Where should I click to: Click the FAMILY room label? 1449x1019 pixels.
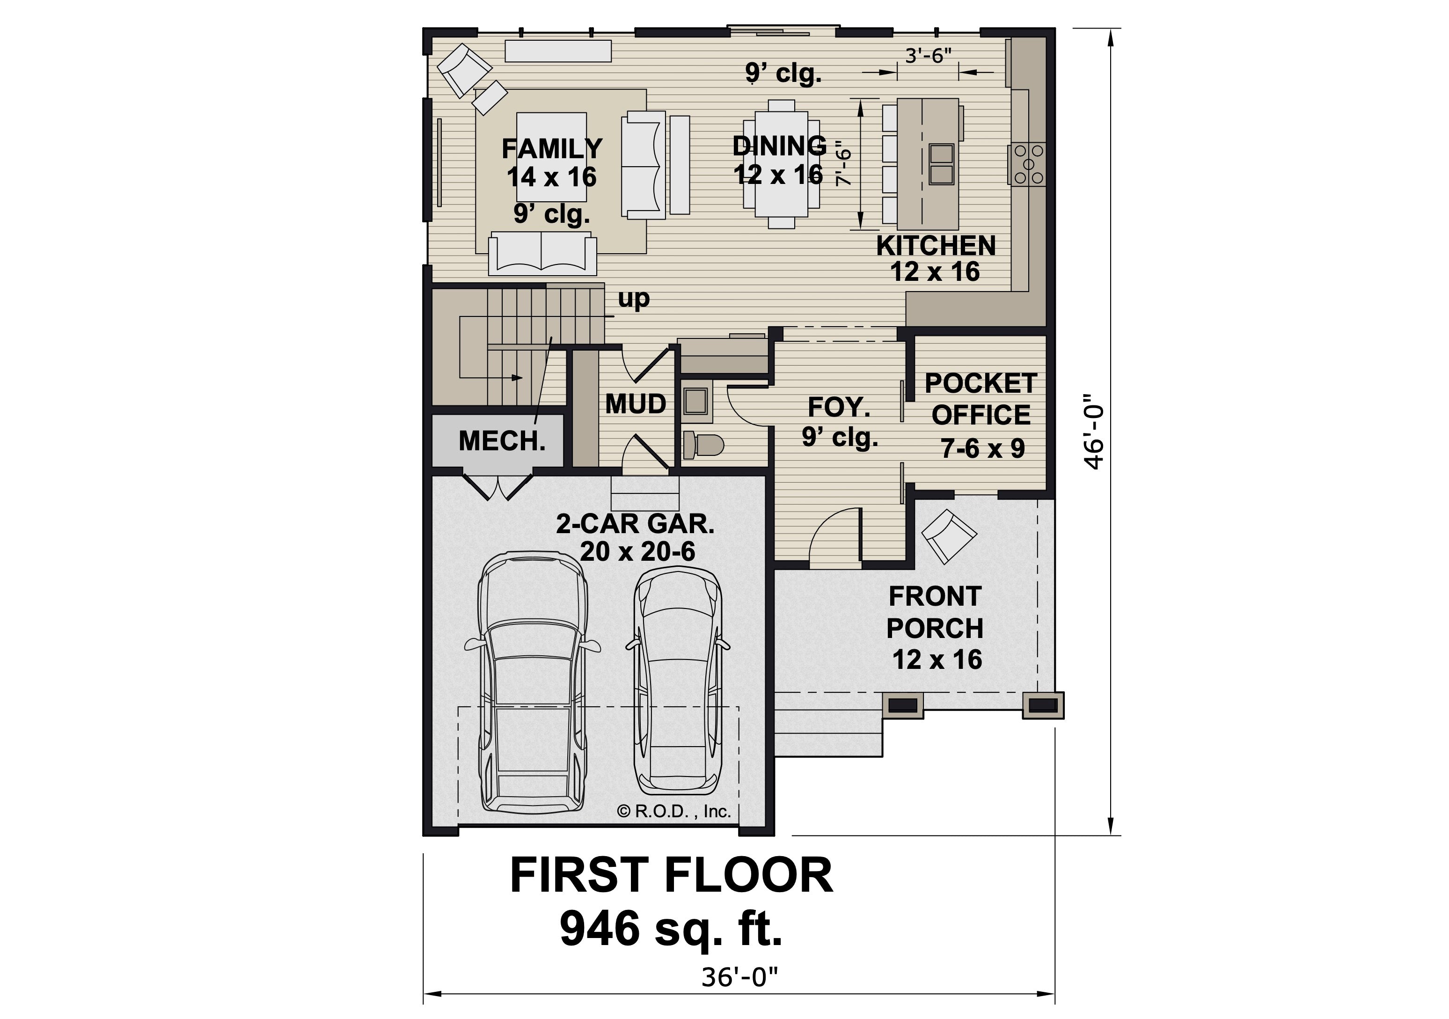(552, 149)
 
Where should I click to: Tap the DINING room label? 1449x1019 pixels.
(779, 146)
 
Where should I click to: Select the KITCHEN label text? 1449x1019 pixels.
(936, 246)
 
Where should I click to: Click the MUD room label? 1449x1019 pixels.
(636, 404)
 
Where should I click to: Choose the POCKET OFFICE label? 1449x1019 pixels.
(981, 399)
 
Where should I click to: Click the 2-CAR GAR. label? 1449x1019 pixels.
(636, 524)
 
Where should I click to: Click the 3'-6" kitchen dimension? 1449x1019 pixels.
(929, 56)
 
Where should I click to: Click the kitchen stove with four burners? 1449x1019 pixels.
(1029, 164)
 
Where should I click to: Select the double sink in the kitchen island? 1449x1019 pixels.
(941, 164)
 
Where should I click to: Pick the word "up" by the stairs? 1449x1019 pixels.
(634, 299)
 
